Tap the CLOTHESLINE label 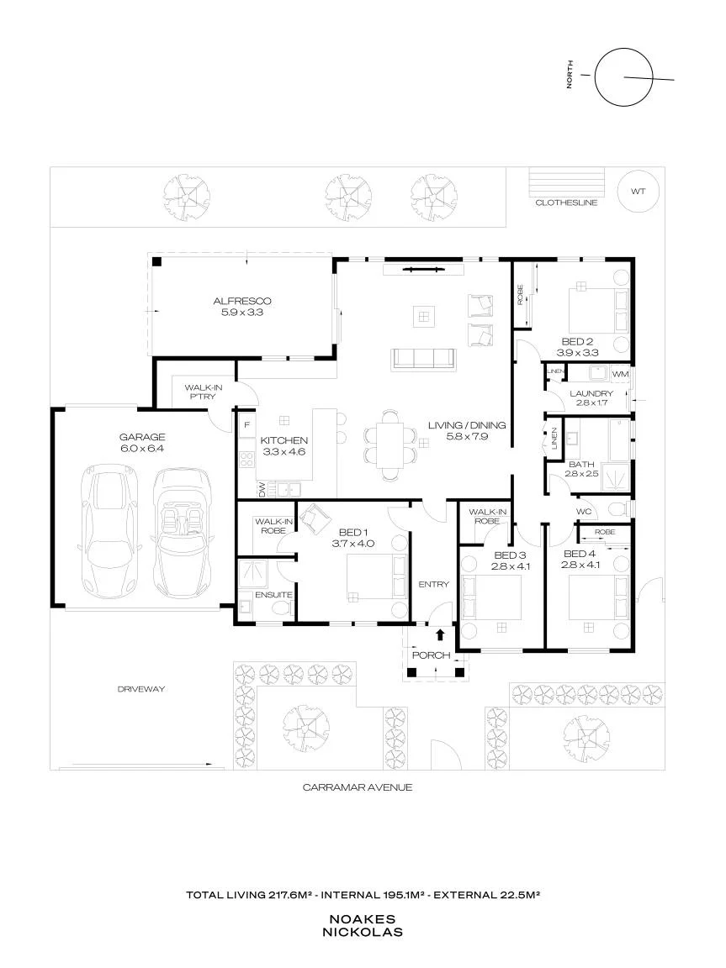click(566, 203)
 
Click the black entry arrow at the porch click(440, 634)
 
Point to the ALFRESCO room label click(242, 302)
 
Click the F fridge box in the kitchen click(247, 424)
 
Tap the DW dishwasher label click(262, 489)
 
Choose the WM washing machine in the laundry click(620, 374)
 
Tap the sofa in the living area click(422, 360)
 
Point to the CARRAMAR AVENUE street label click(358, 787)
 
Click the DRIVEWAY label click(141, 689)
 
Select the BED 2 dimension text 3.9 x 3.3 click(577, 353)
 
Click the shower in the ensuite click(255, 572)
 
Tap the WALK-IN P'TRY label click(204, 392)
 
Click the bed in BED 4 click(598, 598)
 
